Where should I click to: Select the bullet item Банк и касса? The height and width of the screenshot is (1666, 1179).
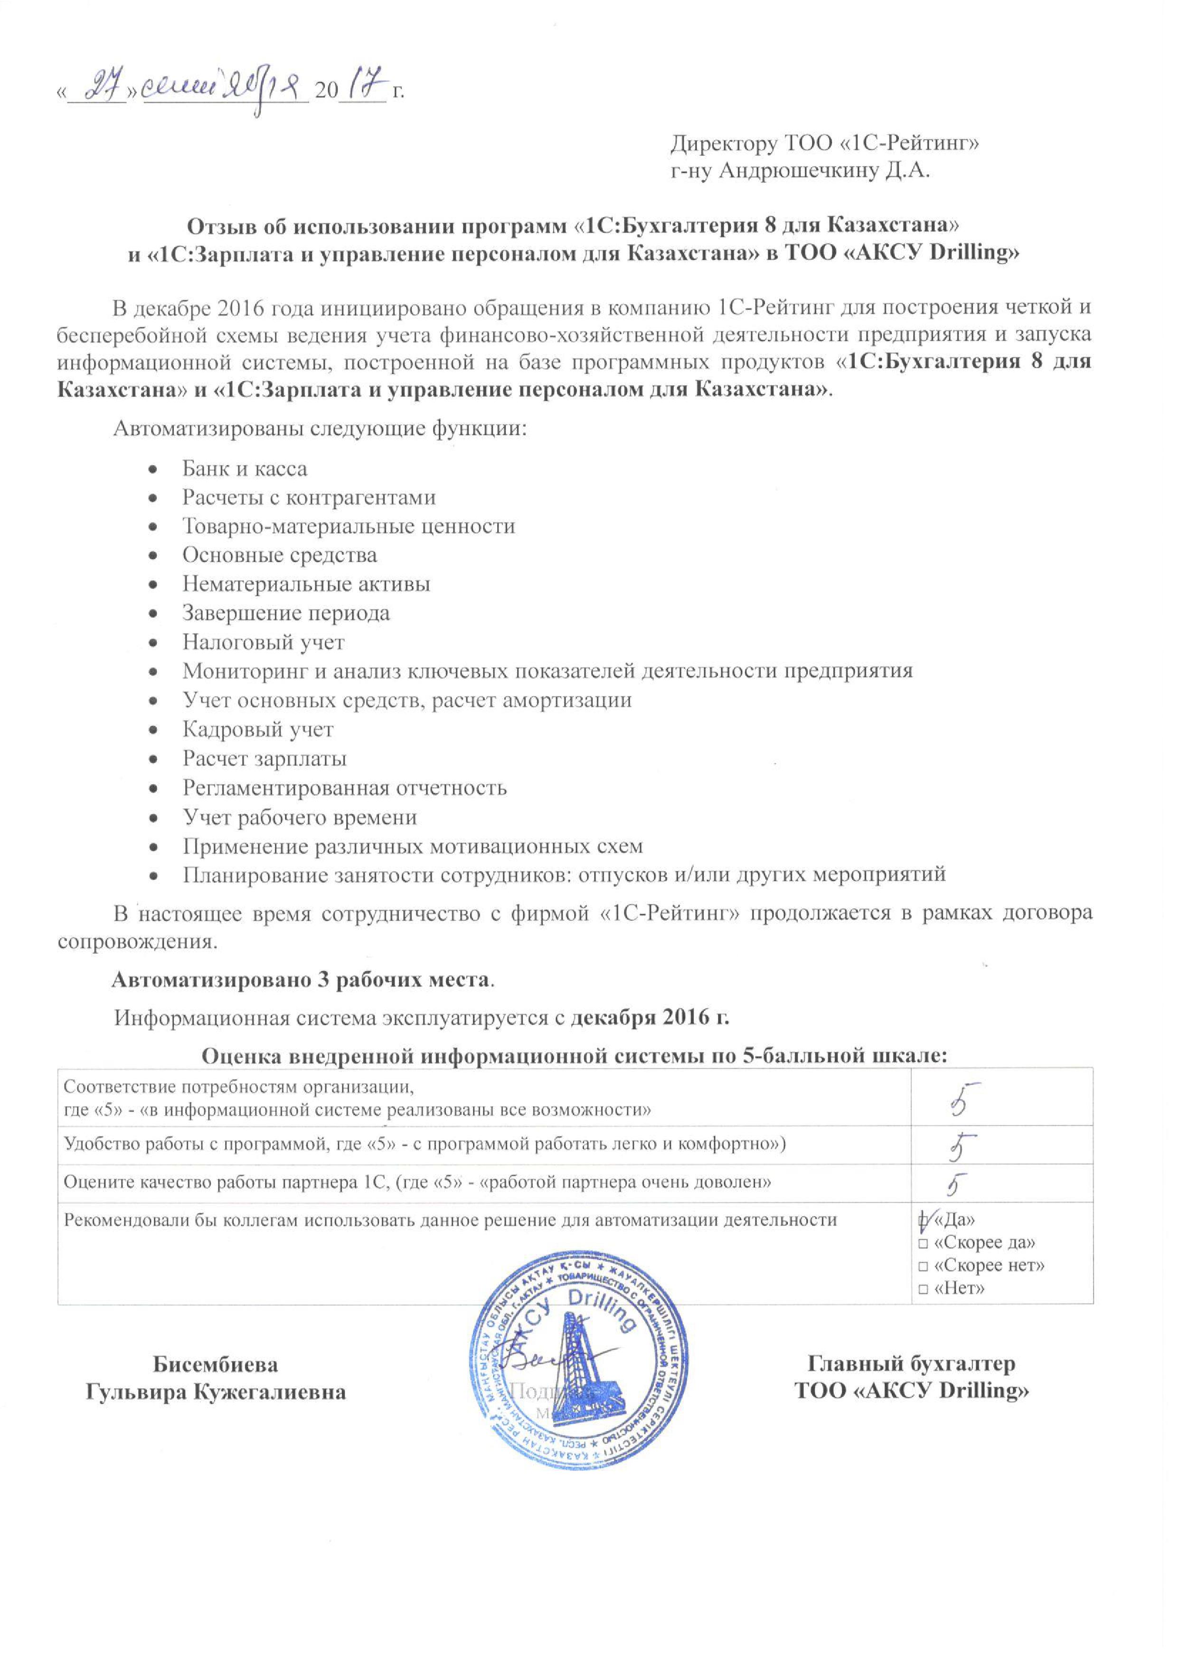(245, 469)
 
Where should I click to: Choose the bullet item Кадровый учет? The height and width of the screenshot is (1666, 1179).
(258, 729)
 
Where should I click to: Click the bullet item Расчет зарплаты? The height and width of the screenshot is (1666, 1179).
(264, 758)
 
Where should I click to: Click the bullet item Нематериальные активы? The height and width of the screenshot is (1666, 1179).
(306, 584)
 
